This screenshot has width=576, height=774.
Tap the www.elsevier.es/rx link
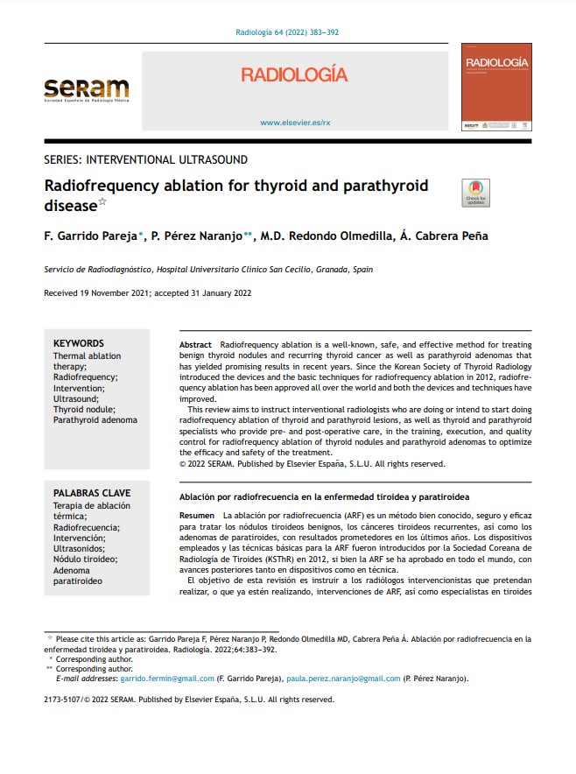[x=294, y=123]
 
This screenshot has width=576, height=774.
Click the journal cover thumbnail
[x=496, y=88]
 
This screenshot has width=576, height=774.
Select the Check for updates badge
[x=475, y=193]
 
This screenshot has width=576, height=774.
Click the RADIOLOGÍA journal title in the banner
[x=294, y=76]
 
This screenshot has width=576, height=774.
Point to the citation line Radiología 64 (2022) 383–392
[x=287, y=32]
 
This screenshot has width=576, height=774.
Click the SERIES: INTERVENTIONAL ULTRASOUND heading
[x=145, y=159]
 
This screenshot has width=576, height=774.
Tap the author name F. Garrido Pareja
[x=91, y=236]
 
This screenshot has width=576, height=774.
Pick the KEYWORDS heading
[x=78, y=344]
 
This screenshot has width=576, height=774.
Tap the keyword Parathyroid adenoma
[x=95, y=420]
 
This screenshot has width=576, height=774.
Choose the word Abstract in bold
[x=195, y=346]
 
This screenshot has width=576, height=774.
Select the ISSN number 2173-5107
[x=67, y=700]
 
